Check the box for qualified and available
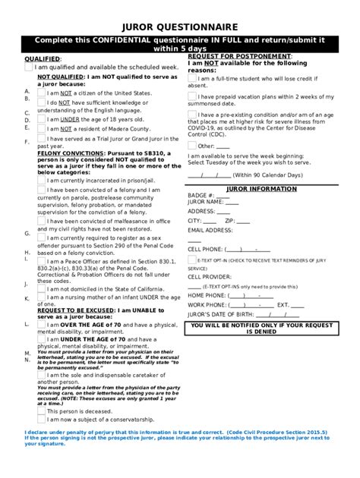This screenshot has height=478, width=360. [29, 68]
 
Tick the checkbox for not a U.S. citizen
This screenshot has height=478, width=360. [41, 93]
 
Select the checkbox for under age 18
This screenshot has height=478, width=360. [41, 119]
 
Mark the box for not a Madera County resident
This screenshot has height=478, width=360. [41, 129]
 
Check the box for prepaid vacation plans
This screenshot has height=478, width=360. [192, 96]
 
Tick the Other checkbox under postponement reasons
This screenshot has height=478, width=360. [192, 146]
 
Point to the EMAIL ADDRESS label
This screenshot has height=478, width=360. [210, 229]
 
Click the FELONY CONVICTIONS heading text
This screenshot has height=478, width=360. [69, 153]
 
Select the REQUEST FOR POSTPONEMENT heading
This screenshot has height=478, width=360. [239, 57]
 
